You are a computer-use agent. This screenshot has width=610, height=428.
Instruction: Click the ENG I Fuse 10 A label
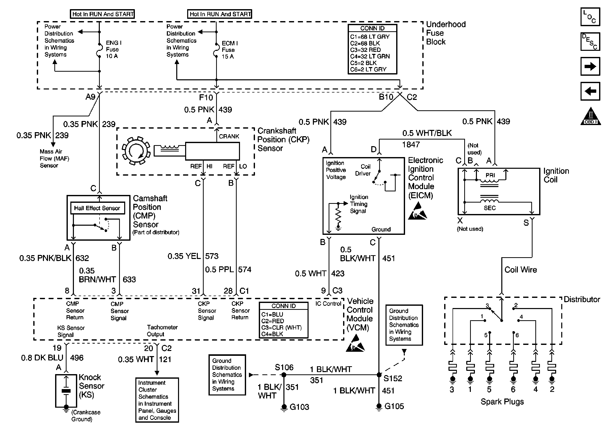pos(114,50)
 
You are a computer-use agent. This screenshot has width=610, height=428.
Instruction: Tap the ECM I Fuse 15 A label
pos(230,50)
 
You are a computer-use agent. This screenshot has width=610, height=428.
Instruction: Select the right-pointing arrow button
pos(590,66)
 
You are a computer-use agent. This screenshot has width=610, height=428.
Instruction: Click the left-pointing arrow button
pos(590,91)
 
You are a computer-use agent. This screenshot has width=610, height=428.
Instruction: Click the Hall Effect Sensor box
pos(97,208)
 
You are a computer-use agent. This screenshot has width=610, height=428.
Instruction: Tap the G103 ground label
pos(299,407)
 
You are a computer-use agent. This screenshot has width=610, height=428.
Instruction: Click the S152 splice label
pos(393,378)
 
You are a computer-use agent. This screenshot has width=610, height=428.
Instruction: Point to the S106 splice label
pos(284,368)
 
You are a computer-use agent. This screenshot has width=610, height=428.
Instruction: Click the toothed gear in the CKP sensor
pos(136,151)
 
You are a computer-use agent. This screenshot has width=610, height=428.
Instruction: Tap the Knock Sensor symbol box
pos(66,391)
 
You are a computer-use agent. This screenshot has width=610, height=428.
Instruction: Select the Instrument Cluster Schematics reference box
pos(157,400)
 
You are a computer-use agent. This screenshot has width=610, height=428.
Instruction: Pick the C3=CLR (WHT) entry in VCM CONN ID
pos(281,328)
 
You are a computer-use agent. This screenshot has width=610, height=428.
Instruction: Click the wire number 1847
pos(411,145)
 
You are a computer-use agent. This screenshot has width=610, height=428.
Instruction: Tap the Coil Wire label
pos(520,270)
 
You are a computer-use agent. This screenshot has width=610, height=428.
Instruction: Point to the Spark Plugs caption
pos(502,402)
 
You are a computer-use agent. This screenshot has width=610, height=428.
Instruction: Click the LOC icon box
pos(590,17)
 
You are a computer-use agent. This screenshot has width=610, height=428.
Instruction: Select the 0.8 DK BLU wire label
pos(42,358)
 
